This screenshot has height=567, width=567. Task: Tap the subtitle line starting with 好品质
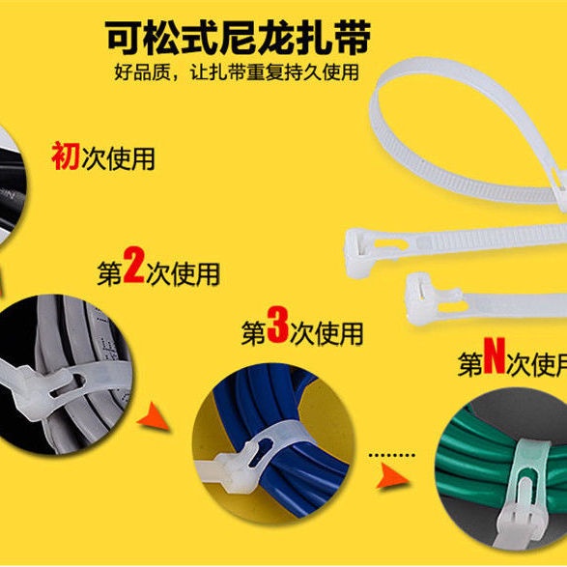tap(236, 72)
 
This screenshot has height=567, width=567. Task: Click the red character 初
tap(66, 156)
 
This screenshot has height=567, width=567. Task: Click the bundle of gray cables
tap(58, 348)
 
